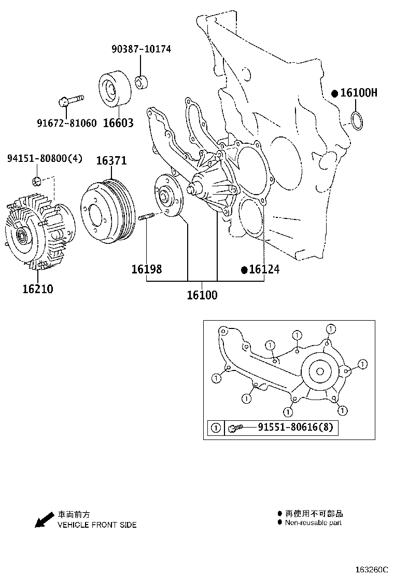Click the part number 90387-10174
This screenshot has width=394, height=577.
pyautogui.click(x=141, y=49)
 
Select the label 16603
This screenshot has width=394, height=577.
pyautogui.click(x=118, y=123)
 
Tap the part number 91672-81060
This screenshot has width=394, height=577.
pyautogui.click(x=66, y=123)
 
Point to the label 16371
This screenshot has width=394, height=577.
pyautogui.click(x=111, y=161)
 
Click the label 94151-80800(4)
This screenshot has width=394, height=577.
pyautogui.click(x=45, y=158)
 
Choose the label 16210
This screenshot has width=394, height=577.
pyautogui.click(x=37, y=288)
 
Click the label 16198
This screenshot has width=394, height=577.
pyautogui.click(x=146, y=269)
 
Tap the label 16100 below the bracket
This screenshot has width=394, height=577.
pyautogui.click(x=202, y=295)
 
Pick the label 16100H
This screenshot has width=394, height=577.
pyautogui.click(x=358, y=93)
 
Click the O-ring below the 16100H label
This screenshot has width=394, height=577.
pyautogui.click(x=357, y=120)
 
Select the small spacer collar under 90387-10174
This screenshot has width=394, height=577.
pyautogui.click(x=140, y=83)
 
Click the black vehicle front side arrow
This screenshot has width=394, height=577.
pyautogui.click(x=44, y=519)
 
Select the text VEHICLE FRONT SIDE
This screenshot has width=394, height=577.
pyautogui.click(x=97, y=525)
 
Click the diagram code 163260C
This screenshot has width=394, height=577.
pyautogui.click(x=371, y=569)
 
